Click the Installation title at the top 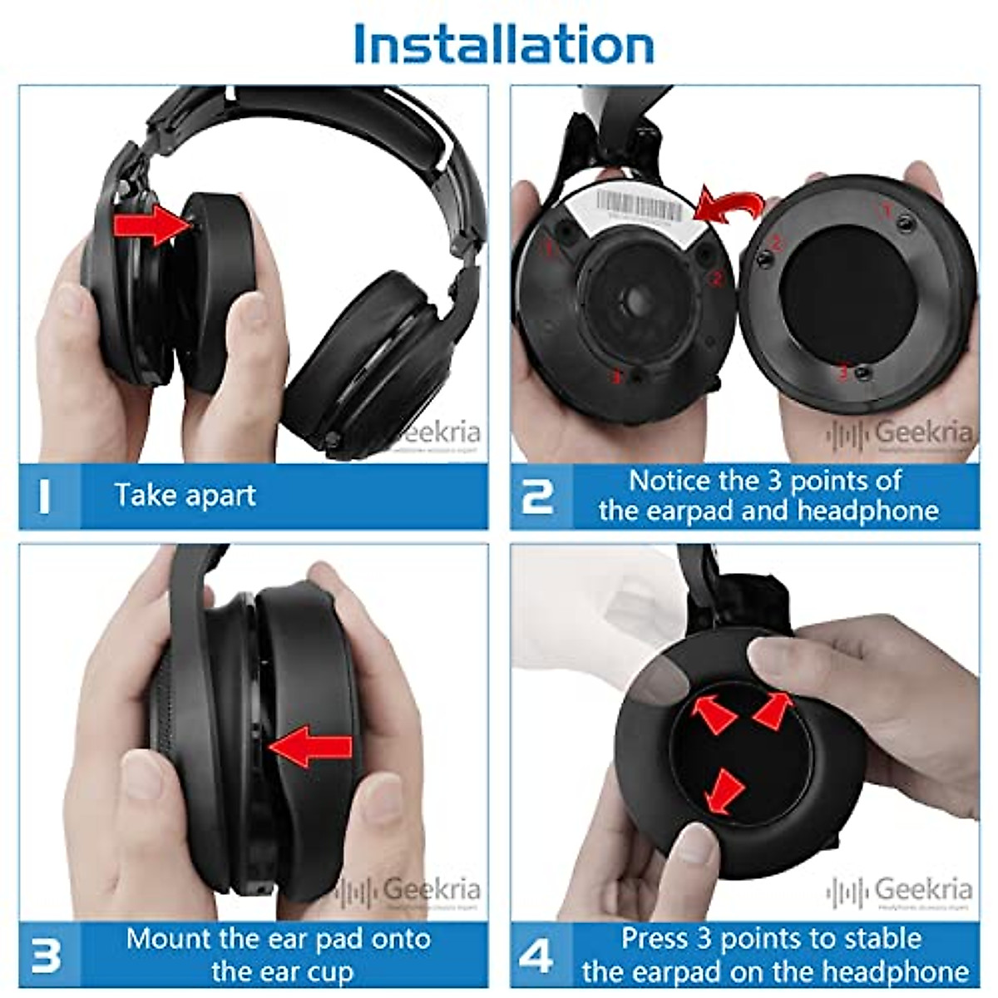pyautogui.click(x=503, y=43)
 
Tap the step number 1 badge pyautogui.click(x=45, y=496)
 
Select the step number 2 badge pyautogui.click(x=538, y=496)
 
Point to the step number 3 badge pyautogui.click(x=46, y=954)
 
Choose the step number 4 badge pyautogui.click(x=536, y=954)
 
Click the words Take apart pyautogui.click(x=185, y=496)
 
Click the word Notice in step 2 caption pyautogui.click(x=670, y=481)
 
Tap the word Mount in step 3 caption pyautogui.click(x=168, y=939)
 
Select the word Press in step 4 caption pyautogui.click(x=655, y=939)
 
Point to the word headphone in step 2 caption pyautogui.click(x=868, y=511)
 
